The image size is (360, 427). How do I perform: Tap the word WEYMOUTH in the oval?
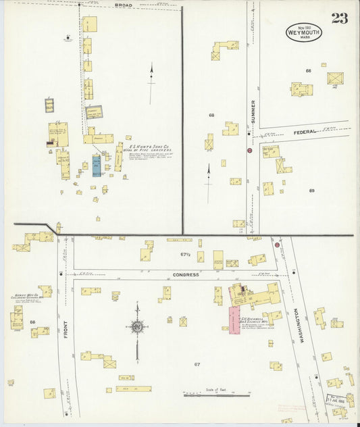click(303, 31)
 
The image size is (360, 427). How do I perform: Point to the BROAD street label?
click(124, 5)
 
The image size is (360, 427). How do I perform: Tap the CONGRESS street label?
click(185, 275)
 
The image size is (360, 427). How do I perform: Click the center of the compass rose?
click(136, 327)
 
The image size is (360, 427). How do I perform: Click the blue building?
click(96, 166)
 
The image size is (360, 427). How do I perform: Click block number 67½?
click(185, 255)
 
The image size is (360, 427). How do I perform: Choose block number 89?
click(311, 191)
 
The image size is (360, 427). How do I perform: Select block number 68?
click(211, 115)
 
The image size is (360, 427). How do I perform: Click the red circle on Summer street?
click(249, 151)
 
